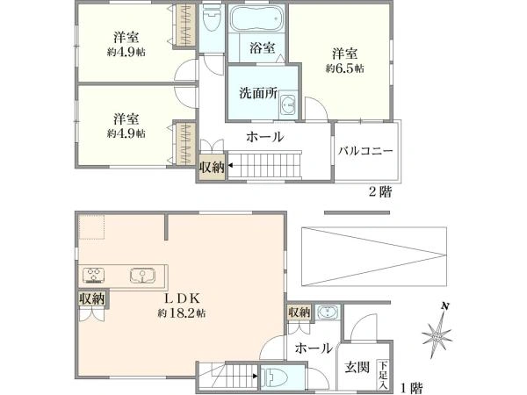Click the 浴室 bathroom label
pos(262,48)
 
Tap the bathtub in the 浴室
pos(256,18)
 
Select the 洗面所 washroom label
pos(257,93)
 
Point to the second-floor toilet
pos(212,18)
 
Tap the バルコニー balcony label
pos(365,150)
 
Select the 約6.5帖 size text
pos(344,68)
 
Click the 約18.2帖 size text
pos(182,313)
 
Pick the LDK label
pos(182,298)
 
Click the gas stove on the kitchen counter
pos(94,275)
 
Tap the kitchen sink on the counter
pos(142,275)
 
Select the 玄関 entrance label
pos(357,368)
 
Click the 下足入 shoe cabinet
pos(384,375)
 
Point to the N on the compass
pos(445,306)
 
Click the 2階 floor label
pos(380,192)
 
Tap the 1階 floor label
pos(412,388)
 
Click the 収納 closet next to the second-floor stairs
pos(212,167)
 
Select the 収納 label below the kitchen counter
pos(91,298)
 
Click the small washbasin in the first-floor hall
pos(328,312)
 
